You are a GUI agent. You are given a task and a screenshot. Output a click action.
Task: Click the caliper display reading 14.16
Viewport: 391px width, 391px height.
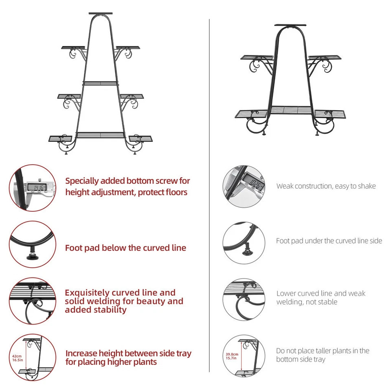pyautogui.click(x=37, y=187)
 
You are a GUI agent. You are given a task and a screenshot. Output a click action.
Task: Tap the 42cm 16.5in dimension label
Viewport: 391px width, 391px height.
pyautogui.click(x=18, y=358)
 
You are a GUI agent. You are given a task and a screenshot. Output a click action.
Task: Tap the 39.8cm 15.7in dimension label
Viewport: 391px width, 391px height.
pyautogui.click(x=232, y=356)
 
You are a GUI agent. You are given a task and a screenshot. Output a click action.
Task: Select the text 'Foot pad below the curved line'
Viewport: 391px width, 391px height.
pyautogui.click(x=125, y=248)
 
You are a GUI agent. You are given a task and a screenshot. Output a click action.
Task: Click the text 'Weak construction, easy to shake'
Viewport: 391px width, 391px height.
pyautogui.click(x=326, y=186)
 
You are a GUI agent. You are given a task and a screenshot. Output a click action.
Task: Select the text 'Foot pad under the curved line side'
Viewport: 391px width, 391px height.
pyautogui.click(x=329, y=241)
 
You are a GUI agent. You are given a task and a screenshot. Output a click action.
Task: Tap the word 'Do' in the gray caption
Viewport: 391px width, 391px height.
pyautogui.click(x=280, y=351)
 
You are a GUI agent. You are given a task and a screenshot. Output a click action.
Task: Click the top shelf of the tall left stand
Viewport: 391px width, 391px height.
pyautogui.click(x=101, y=13)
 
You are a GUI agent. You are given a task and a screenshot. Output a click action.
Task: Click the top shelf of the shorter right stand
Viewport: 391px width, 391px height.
pyautogui.click(x=290, y=25)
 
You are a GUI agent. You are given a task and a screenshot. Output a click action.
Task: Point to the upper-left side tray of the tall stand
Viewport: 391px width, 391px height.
pyautogui.click(x=73, y=47)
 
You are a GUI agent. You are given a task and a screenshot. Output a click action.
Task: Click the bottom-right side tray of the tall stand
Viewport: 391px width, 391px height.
pyautogui.click(x=141, y=138)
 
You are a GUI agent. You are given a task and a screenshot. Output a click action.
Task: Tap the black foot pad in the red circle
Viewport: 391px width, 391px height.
pyautogui.click(x=32, y=256)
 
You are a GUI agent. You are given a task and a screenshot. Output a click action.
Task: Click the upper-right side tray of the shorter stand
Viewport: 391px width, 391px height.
pyautogui.click(x=325, y=57)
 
